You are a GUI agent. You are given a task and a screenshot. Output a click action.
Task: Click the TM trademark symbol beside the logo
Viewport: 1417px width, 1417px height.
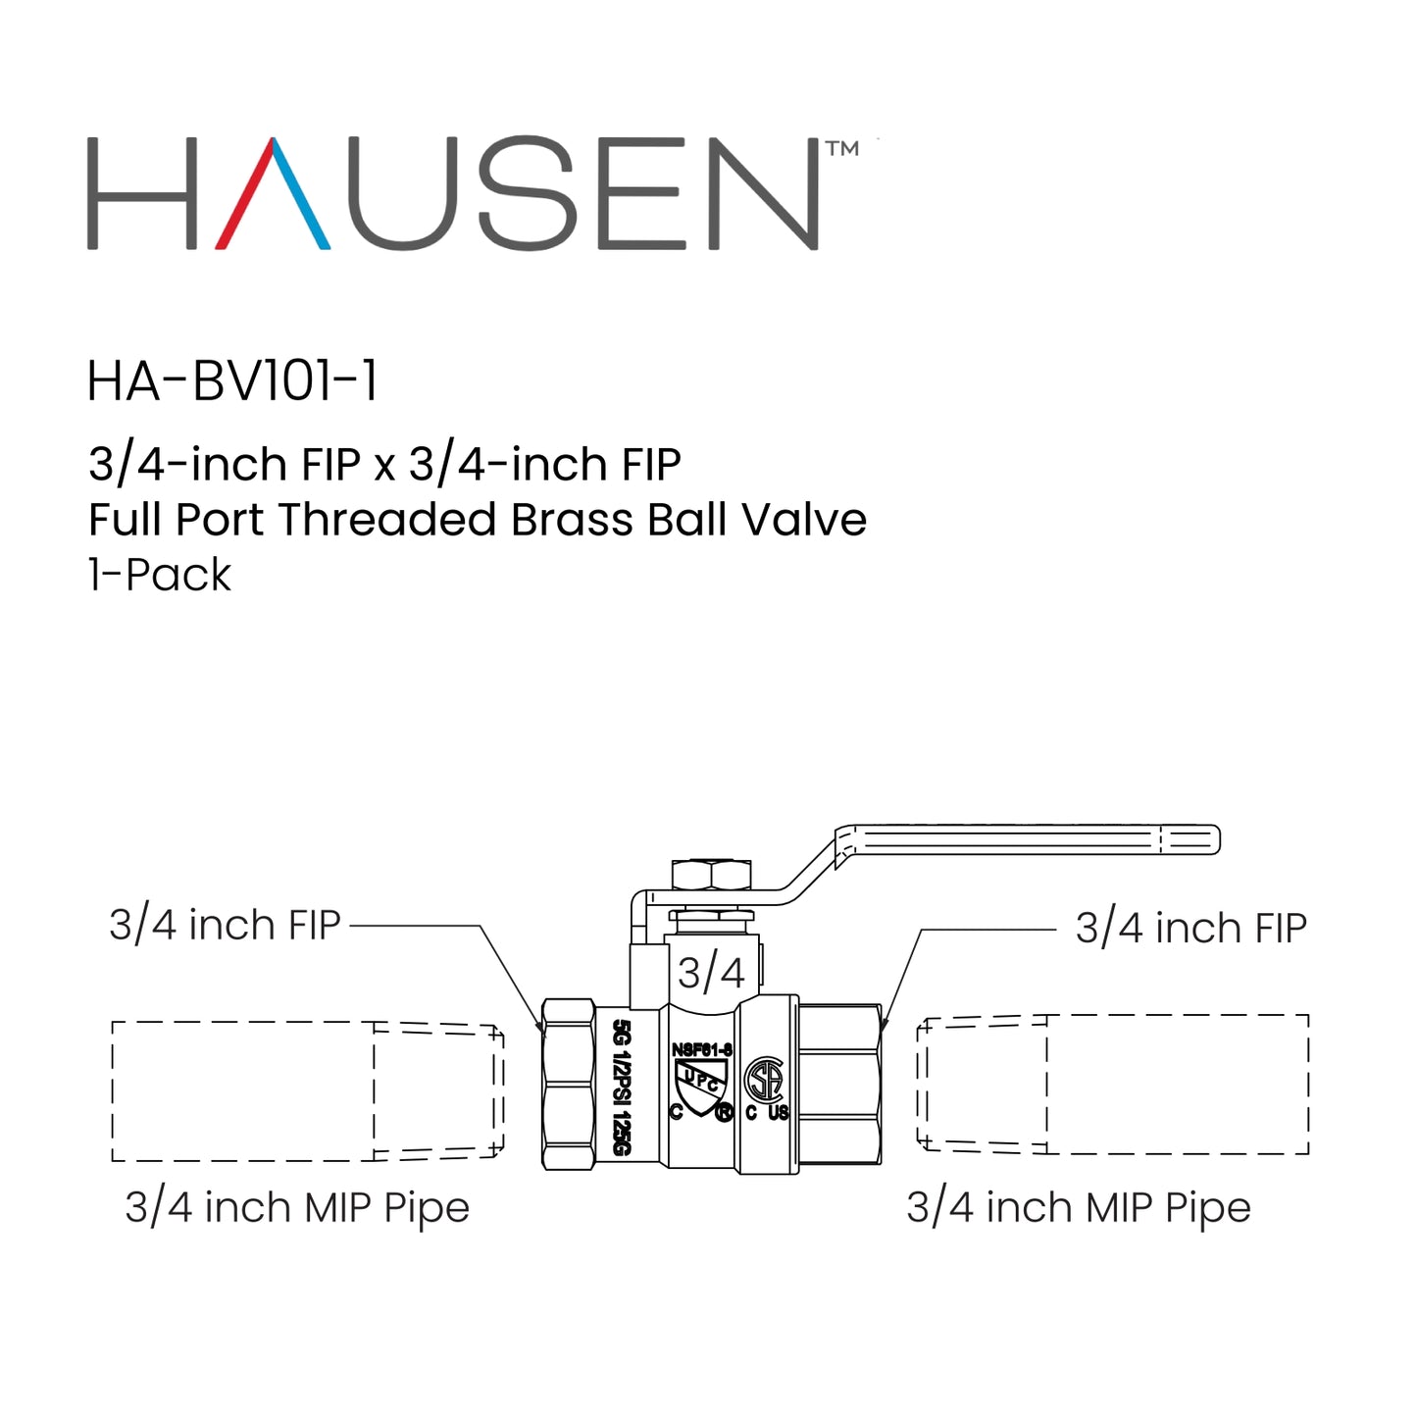[x=842, y=149]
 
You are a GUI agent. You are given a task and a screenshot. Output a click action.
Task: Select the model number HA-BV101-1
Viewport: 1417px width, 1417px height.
[x=232, y=381]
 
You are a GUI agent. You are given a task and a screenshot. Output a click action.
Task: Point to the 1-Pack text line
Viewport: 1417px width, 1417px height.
[x=160, y=576]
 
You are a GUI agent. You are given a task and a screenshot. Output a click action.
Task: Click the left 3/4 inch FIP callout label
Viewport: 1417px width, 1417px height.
[x=225, y=925]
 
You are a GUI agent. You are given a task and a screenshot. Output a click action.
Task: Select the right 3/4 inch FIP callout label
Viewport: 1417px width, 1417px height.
[x=1190, y=928]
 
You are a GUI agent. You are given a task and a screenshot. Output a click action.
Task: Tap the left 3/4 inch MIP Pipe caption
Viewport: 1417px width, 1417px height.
[x=297, y=1207]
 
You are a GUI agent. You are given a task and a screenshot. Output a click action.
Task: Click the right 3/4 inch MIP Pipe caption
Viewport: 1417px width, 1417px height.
[x=1078, y=1207]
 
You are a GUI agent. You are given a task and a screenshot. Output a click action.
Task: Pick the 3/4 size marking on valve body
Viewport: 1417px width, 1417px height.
[x=711, y=973]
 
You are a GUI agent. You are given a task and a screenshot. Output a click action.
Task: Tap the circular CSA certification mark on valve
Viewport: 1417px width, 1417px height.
[x=764, y=1081]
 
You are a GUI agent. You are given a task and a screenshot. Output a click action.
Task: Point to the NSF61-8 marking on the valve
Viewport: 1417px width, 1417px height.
[x=701, y=1050]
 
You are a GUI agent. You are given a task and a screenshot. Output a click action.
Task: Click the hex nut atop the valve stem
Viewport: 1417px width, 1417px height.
[x=711, y=874]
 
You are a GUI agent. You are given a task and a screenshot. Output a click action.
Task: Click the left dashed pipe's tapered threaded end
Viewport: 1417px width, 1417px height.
[x=438, y=1091]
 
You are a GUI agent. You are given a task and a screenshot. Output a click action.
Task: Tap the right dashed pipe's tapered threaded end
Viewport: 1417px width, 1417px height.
[x=982, y=1084]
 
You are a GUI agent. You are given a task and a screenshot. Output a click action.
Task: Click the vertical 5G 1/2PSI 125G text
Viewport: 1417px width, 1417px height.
[x=621, y=1087]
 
